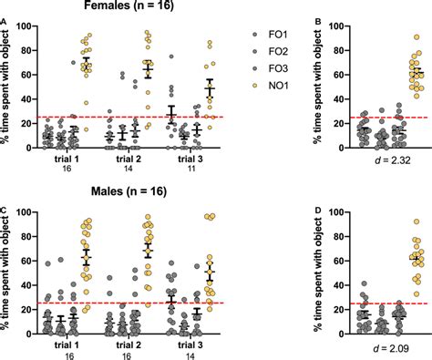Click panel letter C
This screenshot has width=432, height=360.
pyautogui.click(x=5, y=210)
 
